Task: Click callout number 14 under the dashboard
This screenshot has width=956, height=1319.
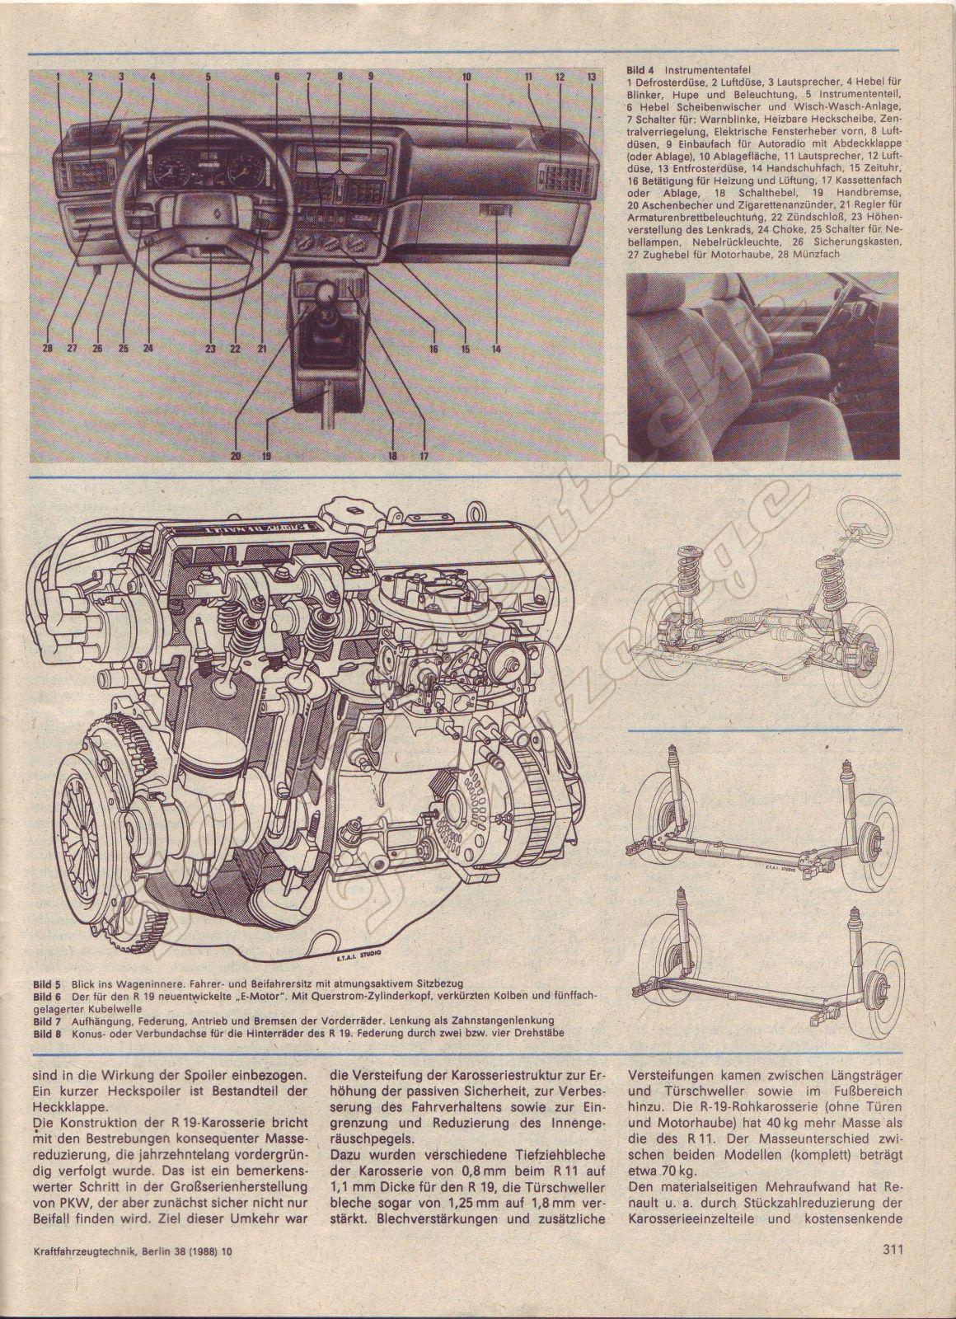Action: [x=496, y=349]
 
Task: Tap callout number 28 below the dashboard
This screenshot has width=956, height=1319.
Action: [x=48, y=349]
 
